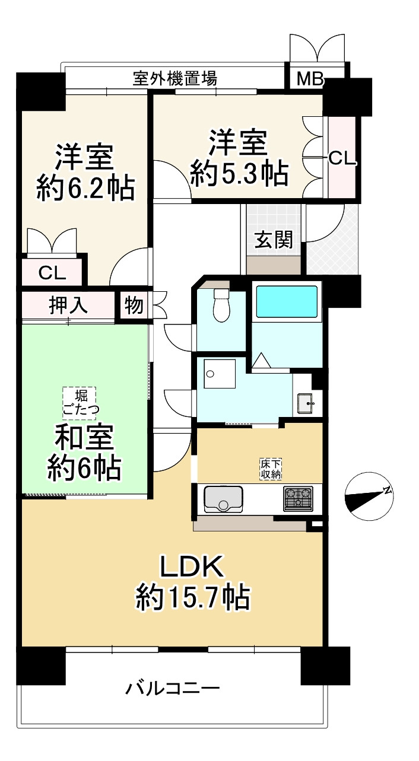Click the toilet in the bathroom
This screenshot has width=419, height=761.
(221, 305)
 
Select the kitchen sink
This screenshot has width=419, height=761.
(224, 498)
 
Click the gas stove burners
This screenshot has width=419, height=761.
(298, 498)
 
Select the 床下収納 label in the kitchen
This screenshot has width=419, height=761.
(270, 468)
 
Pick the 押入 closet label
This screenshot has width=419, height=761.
(68, 306)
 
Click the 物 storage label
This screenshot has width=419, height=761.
(134, 306)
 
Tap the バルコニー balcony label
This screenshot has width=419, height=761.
(173, 689)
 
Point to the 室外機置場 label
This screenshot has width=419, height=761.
(174, 78)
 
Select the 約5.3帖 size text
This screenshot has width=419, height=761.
(239, 174)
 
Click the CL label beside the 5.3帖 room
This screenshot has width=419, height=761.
(342, 158)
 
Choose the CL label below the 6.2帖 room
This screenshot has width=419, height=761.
(52, 273)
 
